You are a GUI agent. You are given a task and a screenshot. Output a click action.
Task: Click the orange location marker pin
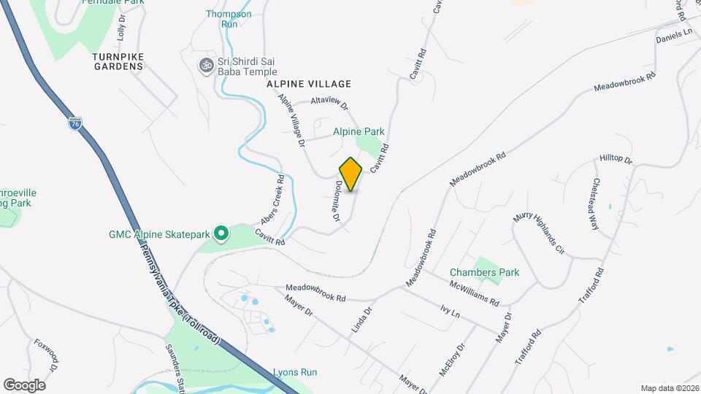(351, 174)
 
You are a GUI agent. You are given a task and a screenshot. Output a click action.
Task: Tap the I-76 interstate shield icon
(75, 123)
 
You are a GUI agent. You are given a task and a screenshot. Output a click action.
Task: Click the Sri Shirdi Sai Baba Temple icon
(206, 66)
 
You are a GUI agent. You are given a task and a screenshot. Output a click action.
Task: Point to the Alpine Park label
(359, 132)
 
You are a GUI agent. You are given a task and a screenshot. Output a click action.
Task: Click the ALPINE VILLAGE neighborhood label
(309, 84)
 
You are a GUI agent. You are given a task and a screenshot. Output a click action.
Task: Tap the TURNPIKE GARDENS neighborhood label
(118, 61)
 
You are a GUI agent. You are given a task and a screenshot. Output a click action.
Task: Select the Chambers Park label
(494, 272)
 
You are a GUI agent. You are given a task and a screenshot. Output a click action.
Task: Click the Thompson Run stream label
(229, 19)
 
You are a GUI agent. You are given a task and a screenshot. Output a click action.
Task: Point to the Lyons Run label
(295, 372)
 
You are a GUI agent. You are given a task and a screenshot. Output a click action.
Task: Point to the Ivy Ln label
(450, 312)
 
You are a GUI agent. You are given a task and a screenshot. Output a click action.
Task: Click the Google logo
(24, 385)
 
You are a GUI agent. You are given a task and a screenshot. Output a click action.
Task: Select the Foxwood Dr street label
(46, 356)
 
